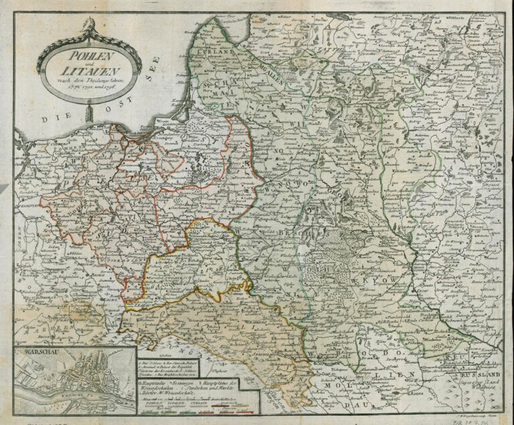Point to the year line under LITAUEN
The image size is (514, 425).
tap(79, 85)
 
